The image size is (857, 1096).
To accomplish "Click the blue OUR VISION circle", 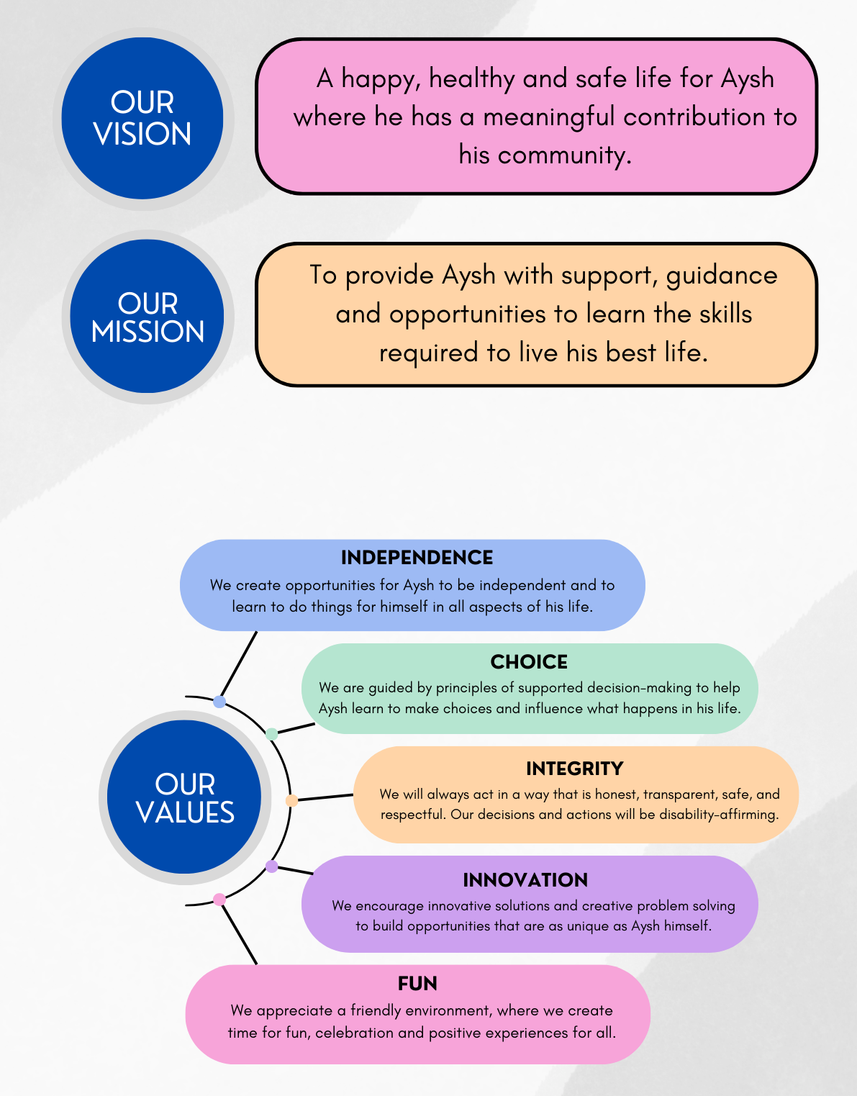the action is (142, 118).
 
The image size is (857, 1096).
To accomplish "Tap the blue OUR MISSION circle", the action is (147, 316).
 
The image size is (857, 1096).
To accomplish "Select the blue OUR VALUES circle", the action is (184, 797).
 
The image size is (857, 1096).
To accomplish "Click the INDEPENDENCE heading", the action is (417, 558).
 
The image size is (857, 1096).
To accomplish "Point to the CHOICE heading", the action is (529, 662).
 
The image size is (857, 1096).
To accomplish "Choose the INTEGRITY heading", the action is (575, 769).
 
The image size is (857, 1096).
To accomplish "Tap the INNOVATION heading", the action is (525, 880).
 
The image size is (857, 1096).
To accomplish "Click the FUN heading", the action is (417, 984).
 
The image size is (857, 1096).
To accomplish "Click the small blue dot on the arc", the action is (219, 702).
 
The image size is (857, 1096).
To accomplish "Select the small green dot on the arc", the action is (272, 734).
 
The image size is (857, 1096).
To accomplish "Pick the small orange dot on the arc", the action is (292, 800).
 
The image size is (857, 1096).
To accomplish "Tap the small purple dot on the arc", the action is (272, 866).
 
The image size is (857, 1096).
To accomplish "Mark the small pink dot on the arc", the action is (219, 900).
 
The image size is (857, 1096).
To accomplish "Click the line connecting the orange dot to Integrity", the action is (325, 797).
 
